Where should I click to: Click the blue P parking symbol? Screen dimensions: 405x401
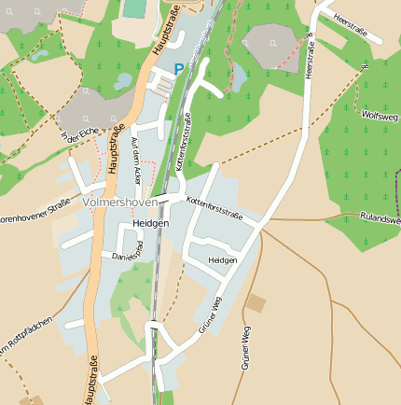point(179,69)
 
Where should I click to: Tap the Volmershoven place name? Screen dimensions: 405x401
point(120,202)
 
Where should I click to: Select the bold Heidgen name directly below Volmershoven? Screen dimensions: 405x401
point(150,224)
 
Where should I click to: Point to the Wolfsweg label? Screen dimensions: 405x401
point(379,116)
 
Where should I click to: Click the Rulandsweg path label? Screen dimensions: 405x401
point(380,219)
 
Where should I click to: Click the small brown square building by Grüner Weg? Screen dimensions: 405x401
point(256,303)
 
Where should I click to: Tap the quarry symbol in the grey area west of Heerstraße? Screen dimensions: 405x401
point(272,42)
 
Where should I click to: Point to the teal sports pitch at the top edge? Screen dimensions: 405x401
point(135,7)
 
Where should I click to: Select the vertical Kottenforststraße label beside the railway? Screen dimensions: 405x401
point(183,140)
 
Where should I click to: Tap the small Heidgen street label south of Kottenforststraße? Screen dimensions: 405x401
point(223,260)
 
